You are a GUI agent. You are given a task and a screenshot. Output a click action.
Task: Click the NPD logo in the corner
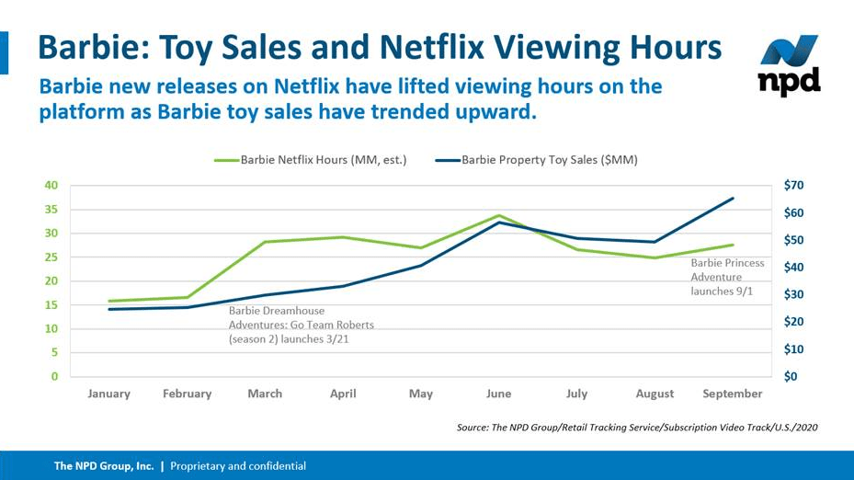(x=789, y=66)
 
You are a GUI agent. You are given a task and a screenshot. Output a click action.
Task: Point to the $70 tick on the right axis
(x=794, y=186)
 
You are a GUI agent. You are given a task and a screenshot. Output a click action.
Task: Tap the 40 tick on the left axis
(x=51, y=186)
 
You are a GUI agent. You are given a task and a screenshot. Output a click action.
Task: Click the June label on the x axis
(x=498, y=394)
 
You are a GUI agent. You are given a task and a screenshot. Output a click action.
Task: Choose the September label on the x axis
(x=733, y=394)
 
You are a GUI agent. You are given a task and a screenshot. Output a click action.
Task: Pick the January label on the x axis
(x=108, y=394)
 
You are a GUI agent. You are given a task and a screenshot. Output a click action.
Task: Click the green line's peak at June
(x=498, y=215)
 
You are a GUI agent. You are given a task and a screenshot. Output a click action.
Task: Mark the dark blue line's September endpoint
(x=733, y=198)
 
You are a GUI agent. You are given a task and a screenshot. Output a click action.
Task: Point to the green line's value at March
(x=265, y=242)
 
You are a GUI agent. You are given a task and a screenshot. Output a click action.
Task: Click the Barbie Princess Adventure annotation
(x=727, y=277)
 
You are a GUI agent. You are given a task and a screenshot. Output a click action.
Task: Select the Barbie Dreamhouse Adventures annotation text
(x=302, y=325)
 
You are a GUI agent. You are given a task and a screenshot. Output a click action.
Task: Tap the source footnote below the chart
(x=636, y=428)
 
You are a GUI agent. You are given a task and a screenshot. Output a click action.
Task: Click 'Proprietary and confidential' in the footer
(x=238, y=466)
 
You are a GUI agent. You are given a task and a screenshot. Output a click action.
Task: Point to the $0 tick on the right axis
(x=791, y=377)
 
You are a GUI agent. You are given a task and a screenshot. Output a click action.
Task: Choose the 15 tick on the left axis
(x=51, y=305)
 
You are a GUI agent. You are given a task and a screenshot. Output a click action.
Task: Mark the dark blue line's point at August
(x=655, y=242)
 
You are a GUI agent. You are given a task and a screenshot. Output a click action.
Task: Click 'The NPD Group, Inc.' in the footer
(x=104, y=466)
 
